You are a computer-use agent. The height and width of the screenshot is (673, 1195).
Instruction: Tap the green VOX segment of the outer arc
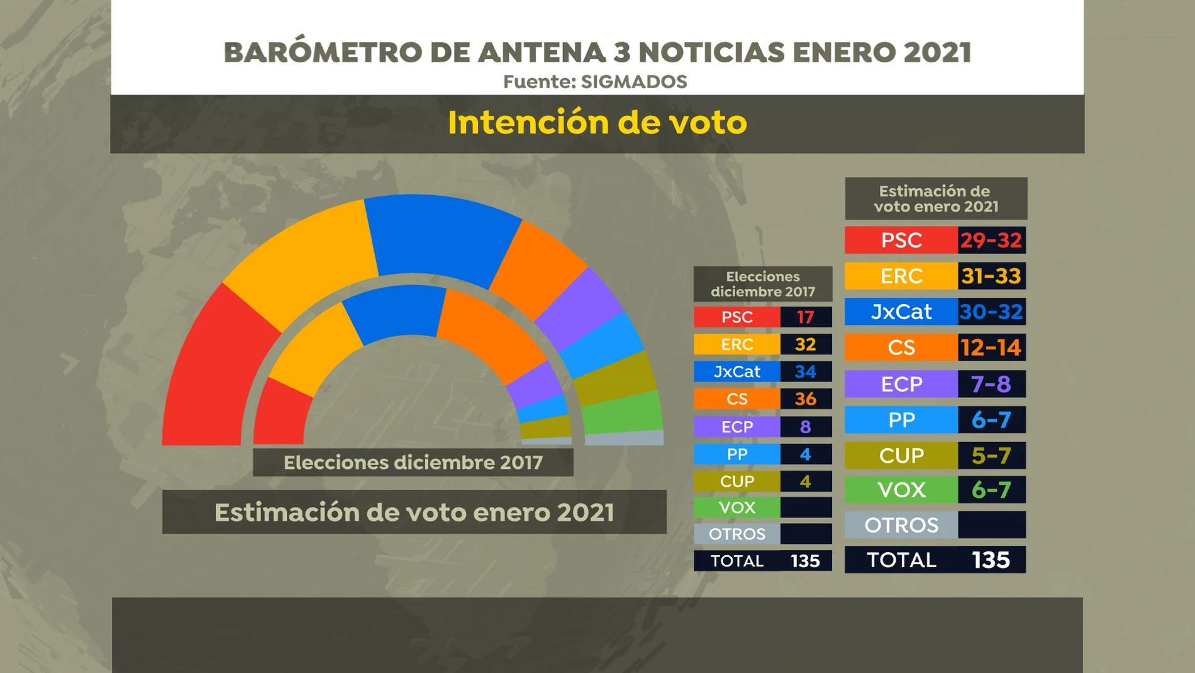[x=623, y=412]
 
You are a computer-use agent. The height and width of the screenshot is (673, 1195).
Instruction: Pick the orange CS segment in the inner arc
[x=491, y=334]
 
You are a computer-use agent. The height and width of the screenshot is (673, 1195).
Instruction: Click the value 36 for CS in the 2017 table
[x=806, y=399]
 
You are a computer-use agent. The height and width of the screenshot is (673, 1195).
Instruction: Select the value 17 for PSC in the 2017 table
[x=806, y=317]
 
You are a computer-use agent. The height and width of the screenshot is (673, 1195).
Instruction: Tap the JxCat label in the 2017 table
[x=736, y=371]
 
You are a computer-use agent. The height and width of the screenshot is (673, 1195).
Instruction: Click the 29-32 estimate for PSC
[x=991, y=240]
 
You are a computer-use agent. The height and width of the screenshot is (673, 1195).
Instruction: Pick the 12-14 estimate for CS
[x=991, y=348]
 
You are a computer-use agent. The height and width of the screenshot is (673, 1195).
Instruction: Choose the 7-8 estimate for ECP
[x=991, y=384]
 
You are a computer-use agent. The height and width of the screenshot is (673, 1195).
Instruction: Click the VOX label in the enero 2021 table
[x=901, y=490]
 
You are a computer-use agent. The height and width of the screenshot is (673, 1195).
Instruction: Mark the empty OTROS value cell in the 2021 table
[x=991, y=525]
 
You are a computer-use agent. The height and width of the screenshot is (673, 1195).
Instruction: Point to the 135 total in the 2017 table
[x=806, y=561]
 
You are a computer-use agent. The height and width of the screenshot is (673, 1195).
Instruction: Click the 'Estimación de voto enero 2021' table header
[x=936, y=198]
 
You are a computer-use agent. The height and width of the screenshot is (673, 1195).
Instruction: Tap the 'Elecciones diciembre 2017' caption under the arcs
[x=413, y=463]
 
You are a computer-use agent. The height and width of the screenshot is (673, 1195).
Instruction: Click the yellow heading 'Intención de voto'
[x=597, y=123]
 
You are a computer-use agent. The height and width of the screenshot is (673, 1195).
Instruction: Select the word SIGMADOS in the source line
[x=633, y=82]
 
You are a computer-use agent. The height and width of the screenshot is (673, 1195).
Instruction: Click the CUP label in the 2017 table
[x=736, y=482]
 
